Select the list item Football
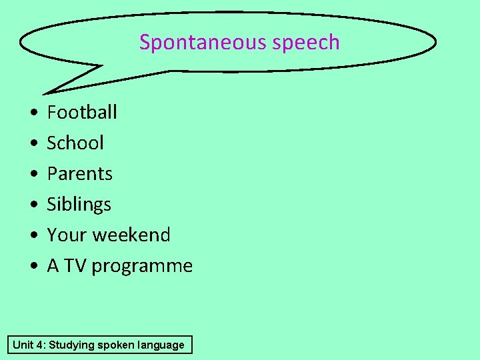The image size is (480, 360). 82,112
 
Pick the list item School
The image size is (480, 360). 75,143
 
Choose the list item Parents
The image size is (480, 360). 79,173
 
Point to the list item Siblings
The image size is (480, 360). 79,204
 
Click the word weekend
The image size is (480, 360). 131,235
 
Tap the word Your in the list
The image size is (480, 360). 67,235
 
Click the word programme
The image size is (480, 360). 142,266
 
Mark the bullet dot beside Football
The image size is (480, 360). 33,113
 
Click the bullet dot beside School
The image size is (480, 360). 33,144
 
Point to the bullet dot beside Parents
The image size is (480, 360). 33,175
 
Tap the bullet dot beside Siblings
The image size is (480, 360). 33,205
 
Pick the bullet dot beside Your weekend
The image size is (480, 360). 33,236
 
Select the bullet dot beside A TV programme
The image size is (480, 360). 33,267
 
